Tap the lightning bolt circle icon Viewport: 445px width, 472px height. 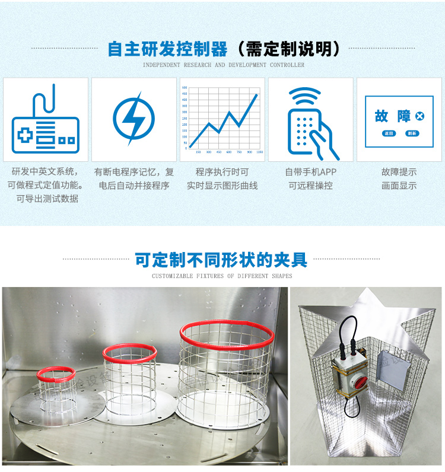coord(133,118)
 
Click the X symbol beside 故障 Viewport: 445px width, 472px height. coord(420,116)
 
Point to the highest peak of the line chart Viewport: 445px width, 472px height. coord(257,94)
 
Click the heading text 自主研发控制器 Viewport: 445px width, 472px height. coord(168,49)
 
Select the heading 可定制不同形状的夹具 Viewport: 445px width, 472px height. coord(221,260)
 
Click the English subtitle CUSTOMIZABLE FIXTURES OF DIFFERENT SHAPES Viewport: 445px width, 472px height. coord(222,276)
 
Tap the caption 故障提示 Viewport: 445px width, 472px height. coord(399,172)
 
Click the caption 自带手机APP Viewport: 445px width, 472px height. coord(310,172)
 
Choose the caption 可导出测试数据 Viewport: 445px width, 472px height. coord(47,199)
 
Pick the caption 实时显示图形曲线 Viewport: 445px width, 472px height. coord(222,185)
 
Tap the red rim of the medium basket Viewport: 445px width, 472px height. coord(129,353)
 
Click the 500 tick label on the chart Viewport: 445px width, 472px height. coord(185,88)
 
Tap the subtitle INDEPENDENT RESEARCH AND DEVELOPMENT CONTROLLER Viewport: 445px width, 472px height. coord(224,65)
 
